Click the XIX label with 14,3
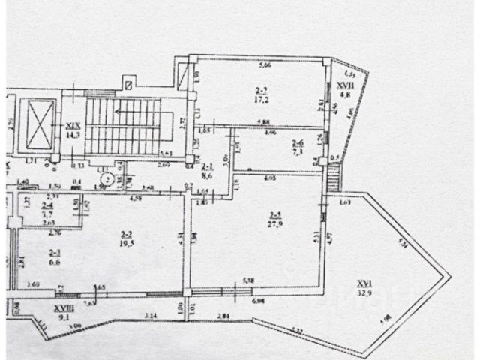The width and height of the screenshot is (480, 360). click(73, 132)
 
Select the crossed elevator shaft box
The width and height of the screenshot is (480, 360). click(40, 124)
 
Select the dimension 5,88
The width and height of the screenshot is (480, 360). click(262, 123)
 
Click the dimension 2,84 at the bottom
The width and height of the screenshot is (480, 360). click(220, 317)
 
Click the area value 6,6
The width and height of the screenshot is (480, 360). click(55, 262)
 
